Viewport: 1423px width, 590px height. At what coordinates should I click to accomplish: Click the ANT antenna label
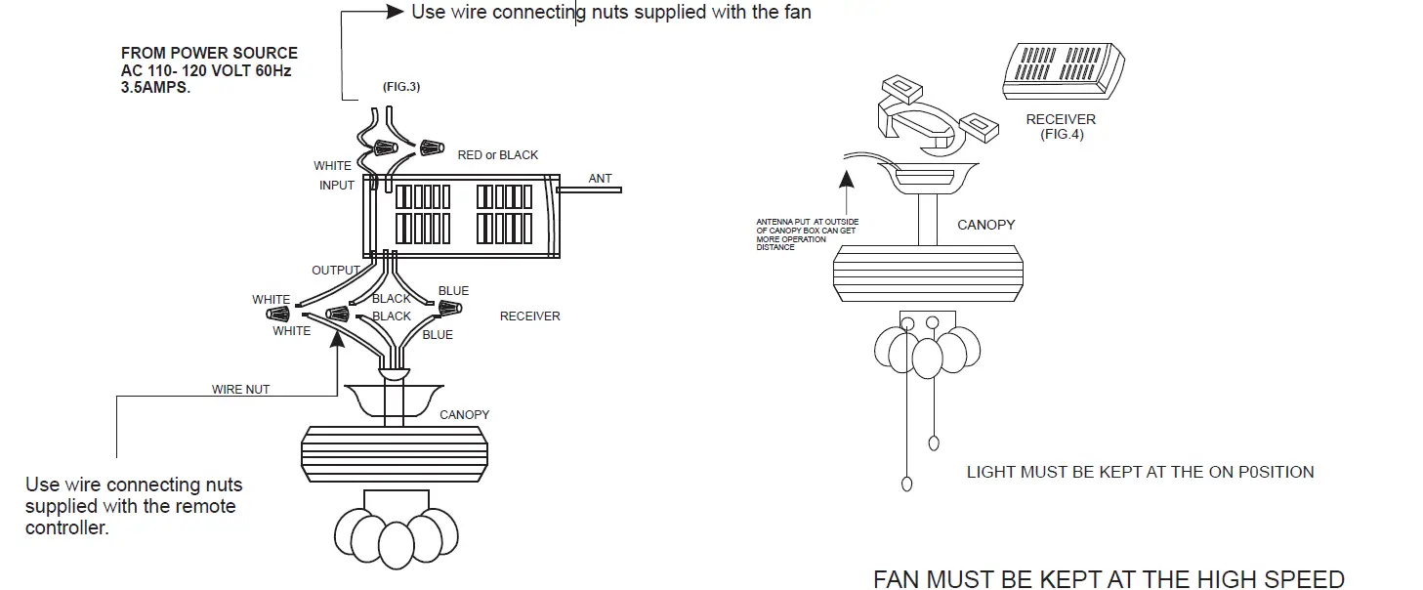600,179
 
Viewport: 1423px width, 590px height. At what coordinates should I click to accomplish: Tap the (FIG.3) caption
400,88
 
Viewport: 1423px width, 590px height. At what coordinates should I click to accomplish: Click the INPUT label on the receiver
337,186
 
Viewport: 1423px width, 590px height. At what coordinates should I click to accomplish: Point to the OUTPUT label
336,270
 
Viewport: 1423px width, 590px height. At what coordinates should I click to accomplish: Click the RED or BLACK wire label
497,155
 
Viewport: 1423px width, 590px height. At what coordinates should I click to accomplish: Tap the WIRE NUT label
240,390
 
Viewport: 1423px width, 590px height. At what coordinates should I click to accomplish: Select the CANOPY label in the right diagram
985,225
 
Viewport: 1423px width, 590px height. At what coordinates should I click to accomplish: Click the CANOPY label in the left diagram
464,415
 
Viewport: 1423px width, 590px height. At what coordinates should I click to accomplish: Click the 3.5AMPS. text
155,87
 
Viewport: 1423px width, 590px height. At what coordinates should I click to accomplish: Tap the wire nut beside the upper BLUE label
448,308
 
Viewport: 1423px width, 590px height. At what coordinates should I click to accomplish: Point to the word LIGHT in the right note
990,473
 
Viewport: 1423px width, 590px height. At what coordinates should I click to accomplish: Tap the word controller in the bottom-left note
66,528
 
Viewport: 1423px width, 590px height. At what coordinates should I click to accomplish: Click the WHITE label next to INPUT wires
332,166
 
